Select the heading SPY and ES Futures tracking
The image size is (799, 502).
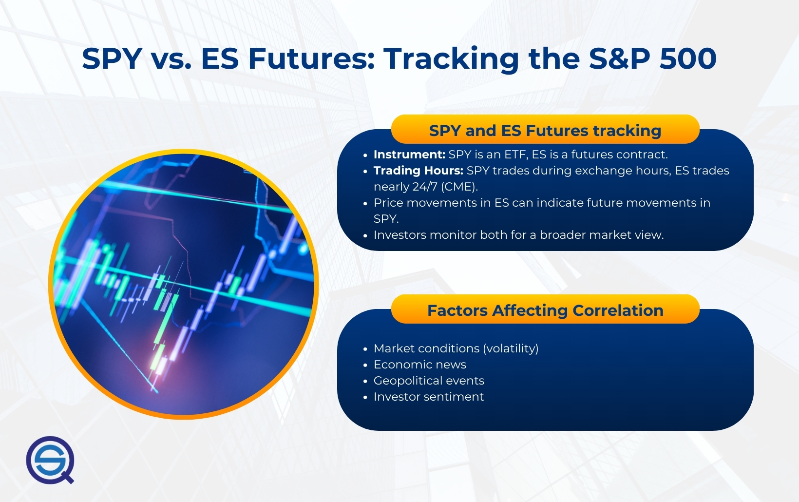click(545, 131)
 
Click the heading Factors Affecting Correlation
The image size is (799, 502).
click(545, 310)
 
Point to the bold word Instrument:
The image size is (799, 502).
click(409, 154)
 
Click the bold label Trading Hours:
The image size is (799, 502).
click(418, 171)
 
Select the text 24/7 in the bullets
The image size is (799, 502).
click(425, 187)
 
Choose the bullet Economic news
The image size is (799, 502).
click(419, 365)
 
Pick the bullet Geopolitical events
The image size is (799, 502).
click(429, 381)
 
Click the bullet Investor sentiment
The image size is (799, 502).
click(428, 397)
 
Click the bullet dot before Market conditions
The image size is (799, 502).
click(365, 349)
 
